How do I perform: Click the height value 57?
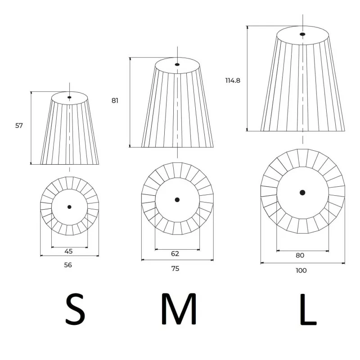[x=19, y=126]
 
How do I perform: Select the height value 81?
[x=115, y=100]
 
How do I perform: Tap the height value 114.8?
[x=233, y=81]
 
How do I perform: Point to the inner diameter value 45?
[x=68, y=252]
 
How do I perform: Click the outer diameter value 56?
[x=68, y=265]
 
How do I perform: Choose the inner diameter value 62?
[x=175, y=254]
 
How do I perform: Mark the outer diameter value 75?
[x=175, y=269]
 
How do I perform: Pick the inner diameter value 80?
[x=300, y=255]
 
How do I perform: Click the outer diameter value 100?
[x=301, y=270]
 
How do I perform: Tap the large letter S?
[x=75, y=309]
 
